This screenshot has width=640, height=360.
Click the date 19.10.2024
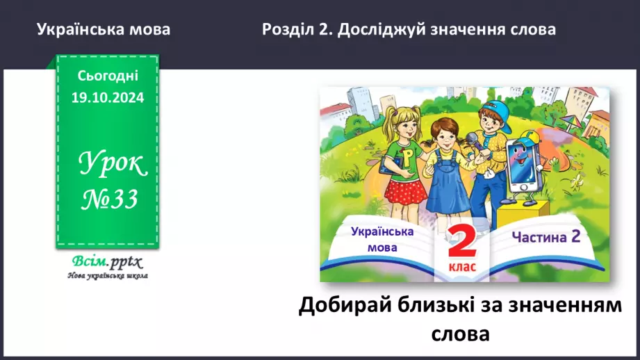[108, 98]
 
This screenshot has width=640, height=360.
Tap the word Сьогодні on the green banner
[108, 75]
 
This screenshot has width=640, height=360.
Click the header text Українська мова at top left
[104, 30]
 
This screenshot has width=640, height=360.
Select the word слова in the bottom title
[459, 333]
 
